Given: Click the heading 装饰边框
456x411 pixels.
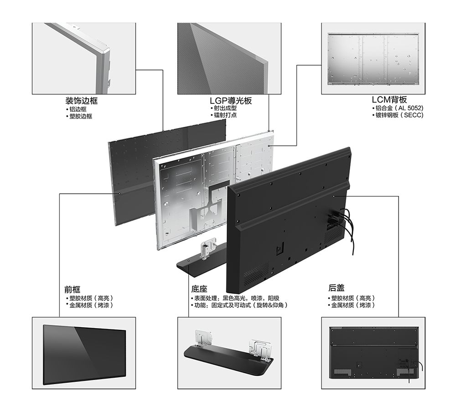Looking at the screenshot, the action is (82, 101).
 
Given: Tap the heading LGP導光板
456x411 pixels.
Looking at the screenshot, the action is (231, 101).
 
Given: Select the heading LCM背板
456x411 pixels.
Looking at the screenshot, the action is (389, 100).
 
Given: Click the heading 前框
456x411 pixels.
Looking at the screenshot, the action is (72, 289).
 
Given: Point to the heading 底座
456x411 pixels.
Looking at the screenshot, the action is (199, 289).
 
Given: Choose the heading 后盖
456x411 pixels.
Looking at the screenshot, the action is (337, 288).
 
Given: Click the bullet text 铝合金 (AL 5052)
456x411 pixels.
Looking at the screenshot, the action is (399, 108).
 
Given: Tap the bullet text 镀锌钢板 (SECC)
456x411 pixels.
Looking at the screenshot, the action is (399, 115).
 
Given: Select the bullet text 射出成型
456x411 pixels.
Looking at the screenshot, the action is (225, 108).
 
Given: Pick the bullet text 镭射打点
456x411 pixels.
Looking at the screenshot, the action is (225, 115).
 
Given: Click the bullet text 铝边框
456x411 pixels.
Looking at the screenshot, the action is (78, 109).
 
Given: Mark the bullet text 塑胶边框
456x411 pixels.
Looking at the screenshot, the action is (81, 116).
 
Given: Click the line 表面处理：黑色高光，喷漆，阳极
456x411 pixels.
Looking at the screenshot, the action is (237, 298).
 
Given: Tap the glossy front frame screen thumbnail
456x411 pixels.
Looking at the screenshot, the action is (84, 354).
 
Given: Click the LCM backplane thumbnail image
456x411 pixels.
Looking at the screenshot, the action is (373, 59).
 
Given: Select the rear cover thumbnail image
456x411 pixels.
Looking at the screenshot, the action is (374, 353).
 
